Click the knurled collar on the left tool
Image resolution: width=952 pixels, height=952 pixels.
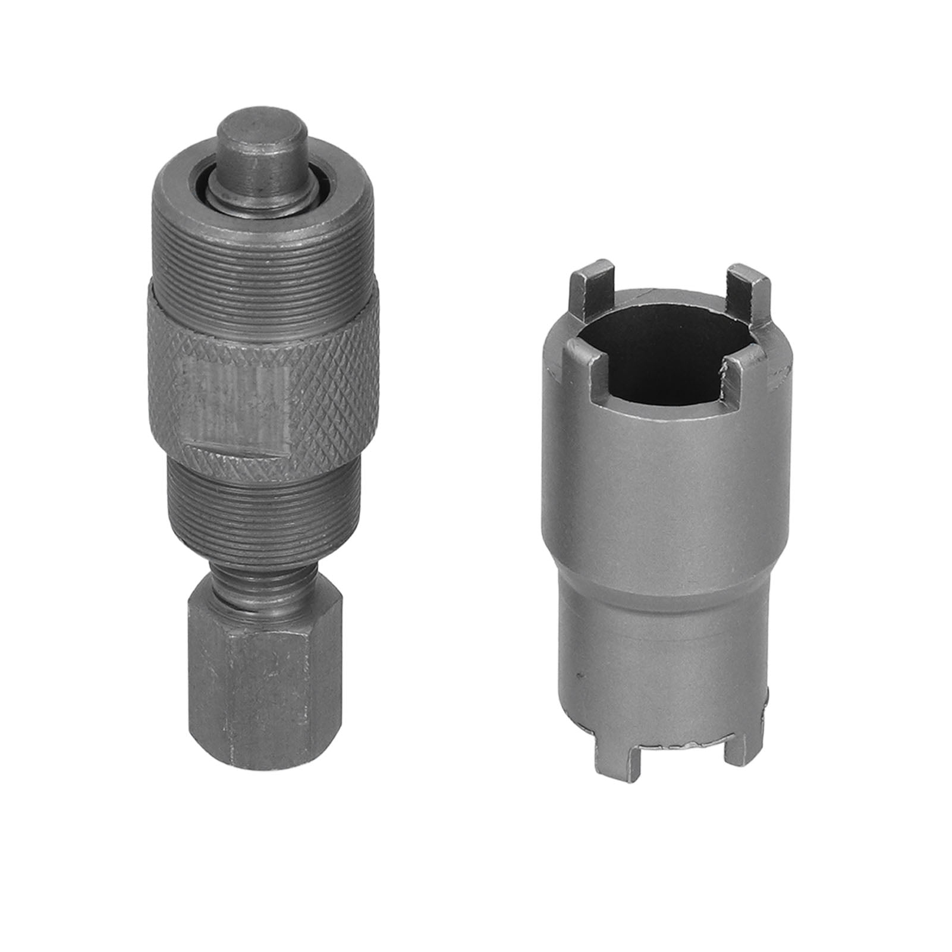click(333, 369)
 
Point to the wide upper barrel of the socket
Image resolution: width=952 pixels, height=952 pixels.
click(660, 476)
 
